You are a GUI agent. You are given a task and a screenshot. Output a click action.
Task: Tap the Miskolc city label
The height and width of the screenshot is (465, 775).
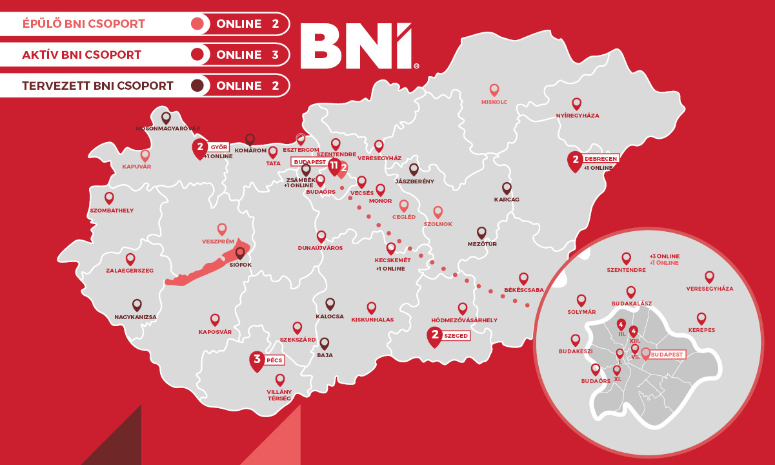[494, 102]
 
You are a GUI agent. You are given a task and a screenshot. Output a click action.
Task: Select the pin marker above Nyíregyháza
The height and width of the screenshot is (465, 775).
[577, 103]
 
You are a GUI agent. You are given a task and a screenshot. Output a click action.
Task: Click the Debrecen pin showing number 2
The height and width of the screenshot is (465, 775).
[574, 160]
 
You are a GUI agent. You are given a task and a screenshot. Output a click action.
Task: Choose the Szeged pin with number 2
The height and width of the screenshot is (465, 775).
[435, 336]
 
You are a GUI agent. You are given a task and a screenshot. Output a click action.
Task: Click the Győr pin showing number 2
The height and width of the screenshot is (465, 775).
[200, 148]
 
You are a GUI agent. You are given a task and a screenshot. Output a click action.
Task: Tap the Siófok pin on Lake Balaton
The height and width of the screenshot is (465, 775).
[240, 253]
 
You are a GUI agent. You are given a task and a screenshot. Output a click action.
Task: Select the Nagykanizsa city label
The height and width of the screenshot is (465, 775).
[136, 317]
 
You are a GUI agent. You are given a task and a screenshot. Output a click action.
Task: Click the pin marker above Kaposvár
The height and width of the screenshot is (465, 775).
[215, 319]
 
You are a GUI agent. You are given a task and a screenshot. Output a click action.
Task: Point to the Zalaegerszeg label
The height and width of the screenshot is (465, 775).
[130, 271]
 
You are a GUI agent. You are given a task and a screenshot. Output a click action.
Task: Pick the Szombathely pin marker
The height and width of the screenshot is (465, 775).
[109, 198]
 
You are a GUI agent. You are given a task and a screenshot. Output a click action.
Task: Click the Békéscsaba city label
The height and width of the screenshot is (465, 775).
[524, 290]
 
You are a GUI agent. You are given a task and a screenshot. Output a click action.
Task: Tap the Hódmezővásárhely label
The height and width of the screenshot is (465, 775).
[464, 320]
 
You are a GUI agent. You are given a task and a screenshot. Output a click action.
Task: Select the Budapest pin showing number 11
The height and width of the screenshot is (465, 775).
[334, 166]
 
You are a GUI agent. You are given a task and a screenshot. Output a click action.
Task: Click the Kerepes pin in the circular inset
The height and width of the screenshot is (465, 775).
[701, 318]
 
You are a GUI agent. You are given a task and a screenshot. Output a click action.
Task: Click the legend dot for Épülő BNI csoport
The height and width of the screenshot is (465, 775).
[198, 25]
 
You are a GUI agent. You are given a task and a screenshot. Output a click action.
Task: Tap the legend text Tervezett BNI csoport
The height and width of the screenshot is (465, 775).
[97, 85]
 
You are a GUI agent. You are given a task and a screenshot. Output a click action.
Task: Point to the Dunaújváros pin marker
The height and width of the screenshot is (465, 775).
[321, 236]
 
